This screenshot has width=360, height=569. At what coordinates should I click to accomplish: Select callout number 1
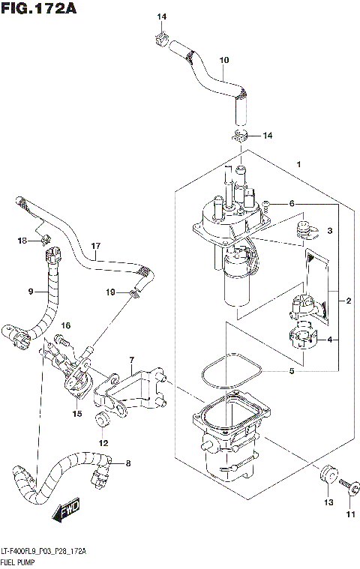pos(298,164)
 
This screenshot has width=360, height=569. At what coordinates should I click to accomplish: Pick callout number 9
pos(31,291)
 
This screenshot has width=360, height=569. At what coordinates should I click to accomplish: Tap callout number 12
pos(103,443)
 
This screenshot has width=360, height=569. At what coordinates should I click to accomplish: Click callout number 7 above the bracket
pos(131,360)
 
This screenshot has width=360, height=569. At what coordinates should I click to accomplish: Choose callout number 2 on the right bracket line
pos(348,301)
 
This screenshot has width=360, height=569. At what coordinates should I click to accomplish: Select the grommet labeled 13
pos(326,475)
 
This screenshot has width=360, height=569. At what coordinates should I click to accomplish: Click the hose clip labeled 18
pos(45,240)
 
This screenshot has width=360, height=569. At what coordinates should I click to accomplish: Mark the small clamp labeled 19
pos(135,293)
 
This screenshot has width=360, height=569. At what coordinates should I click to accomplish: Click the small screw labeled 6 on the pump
pos(265,203)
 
